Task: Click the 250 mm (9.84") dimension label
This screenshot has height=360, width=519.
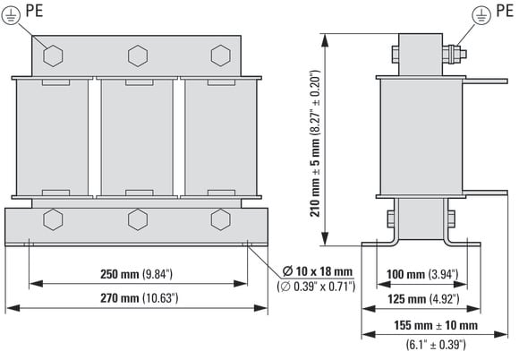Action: [x=136, y=274]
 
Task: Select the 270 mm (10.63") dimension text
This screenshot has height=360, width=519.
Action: [x=140, y=298]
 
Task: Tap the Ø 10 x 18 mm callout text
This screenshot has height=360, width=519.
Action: [x=317, y=271]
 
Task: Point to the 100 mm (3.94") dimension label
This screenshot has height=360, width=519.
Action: [x=422, y=274]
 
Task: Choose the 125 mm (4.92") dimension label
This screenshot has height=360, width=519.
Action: [x=423, y=299]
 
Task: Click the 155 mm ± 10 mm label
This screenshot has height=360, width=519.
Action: [x=436, y=325]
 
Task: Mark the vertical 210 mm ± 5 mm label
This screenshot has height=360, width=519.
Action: [x=315, y=143]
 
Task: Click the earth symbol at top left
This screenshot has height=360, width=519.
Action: [x=11, y=16]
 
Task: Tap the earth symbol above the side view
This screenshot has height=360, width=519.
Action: [x=481, y=15]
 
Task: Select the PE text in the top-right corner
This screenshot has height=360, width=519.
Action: [x=505, y=11]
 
